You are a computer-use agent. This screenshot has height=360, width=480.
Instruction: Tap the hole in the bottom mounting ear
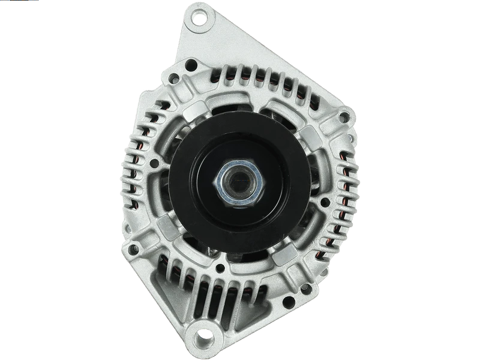(x=210, y=335)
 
